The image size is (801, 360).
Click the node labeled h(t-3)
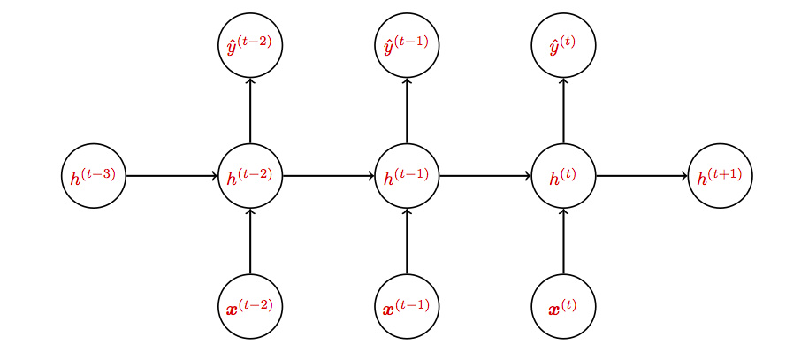pos(94,176)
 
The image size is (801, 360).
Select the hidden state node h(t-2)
pos(250,176)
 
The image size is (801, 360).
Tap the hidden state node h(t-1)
pos(407,176)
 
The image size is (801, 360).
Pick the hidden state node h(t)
pos(563,176)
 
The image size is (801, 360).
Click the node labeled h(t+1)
pos(720,176)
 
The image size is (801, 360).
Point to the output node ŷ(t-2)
pos(250,45)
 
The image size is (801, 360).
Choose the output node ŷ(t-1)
pos(407,45)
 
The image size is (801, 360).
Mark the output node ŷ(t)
pos(563,45)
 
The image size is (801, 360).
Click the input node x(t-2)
pos(250,307)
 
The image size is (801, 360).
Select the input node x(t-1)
pos(407,307)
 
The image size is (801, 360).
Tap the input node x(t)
pos(563,307)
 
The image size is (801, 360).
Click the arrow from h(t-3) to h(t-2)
pos(172,176)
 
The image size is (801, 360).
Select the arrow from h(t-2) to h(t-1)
pos(328,176)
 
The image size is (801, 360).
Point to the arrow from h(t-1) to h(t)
pos(484,176)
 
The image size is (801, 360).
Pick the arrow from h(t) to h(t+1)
pos(641,176)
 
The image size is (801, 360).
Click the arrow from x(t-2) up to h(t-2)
pos(250,241)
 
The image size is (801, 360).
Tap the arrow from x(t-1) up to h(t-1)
pos(407,241)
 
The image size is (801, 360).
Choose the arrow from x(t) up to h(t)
pos(563,241)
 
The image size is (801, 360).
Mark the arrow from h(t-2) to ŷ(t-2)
pos(250,111)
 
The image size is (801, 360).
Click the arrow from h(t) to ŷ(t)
pos(563,111)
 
